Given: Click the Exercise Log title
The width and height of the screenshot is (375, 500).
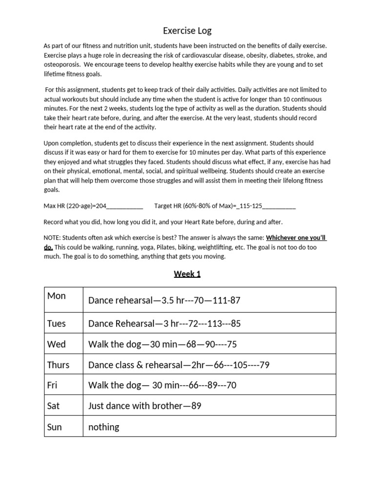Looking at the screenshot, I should [187, 31].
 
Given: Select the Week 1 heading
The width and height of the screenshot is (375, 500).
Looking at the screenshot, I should [187, 274].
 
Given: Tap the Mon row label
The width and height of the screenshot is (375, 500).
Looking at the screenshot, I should [57, 296].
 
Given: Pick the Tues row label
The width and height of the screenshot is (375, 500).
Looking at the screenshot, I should [57, 323].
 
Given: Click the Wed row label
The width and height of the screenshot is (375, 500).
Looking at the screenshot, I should [56, 344].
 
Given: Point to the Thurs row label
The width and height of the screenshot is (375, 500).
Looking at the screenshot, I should [58, 365].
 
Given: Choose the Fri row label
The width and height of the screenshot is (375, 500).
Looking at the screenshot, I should [52, 385].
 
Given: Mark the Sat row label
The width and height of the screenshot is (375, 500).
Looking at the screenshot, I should [54, 406].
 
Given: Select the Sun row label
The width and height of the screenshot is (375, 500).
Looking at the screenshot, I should [55, 427].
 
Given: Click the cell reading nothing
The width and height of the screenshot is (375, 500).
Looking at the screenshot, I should [104, 427].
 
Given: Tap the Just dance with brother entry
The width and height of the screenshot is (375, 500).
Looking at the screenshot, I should [145, 406].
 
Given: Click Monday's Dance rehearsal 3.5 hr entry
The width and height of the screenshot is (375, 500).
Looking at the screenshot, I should [164, 300].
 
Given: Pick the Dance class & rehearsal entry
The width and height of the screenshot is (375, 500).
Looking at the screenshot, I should [179, 365].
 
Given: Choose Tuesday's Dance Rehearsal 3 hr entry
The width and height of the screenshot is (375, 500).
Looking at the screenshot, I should [164, 323].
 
